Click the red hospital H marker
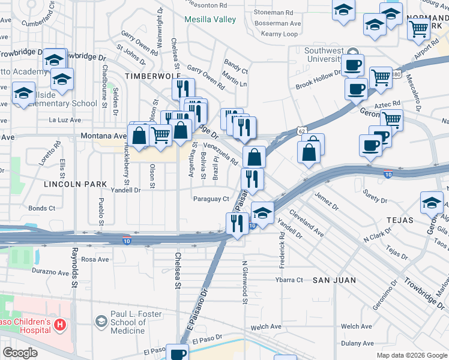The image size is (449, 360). (59, 325)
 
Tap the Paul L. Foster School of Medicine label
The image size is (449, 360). (128, 322)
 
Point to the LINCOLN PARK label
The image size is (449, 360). (75, 184)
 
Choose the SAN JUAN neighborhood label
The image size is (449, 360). (334, 280)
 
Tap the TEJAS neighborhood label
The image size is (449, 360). (400, 220)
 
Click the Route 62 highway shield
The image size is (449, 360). (301, 130)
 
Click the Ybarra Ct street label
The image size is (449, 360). (289, 280)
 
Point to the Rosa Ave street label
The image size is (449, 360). (95, 259)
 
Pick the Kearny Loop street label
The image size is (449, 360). (279, 34)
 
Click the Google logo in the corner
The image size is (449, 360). (20, 353)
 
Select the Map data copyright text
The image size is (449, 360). (412, 355)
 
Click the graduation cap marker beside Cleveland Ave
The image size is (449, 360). (262, 212)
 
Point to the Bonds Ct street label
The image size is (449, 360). (42, 208)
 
